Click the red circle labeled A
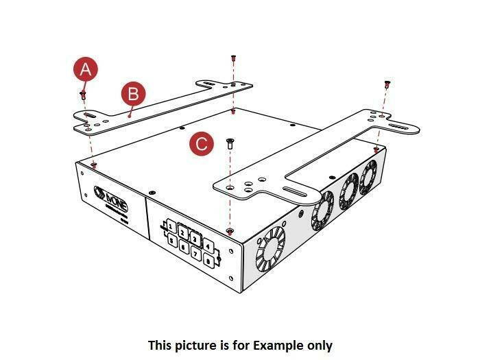coord(85,69)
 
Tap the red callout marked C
coord(201,143)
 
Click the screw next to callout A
coord(83,93)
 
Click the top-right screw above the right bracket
coord(387,83)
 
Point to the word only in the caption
coord(319,345)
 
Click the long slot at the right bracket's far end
coord(402,128)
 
